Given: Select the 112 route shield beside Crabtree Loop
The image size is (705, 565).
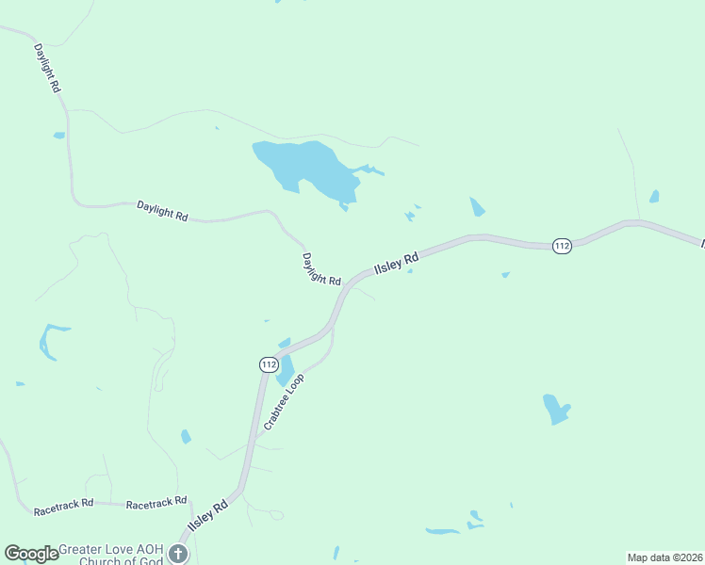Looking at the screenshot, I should coord(269,363).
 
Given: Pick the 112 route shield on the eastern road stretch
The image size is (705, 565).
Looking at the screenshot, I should coord(562,246).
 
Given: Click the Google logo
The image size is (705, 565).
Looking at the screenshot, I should coord(31,554).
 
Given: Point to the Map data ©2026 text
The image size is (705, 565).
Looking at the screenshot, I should coord(664,557).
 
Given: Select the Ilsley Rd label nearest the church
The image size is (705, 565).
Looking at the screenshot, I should coord(208,517).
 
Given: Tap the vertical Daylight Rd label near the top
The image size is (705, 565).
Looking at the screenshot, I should coord(47,67).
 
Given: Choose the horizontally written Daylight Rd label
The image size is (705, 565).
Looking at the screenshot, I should coord(162,210).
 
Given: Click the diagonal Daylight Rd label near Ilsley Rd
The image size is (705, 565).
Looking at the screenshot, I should coord(321,269).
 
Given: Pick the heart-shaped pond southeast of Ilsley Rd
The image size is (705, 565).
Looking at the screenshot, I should coord(556,408).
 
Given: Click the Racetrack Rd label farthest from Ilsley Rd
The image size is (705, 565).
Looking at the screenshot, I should coord(63,508).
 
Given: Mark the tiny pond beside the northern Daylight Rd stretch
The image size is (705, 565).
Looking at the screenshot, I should coord(59,136).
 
